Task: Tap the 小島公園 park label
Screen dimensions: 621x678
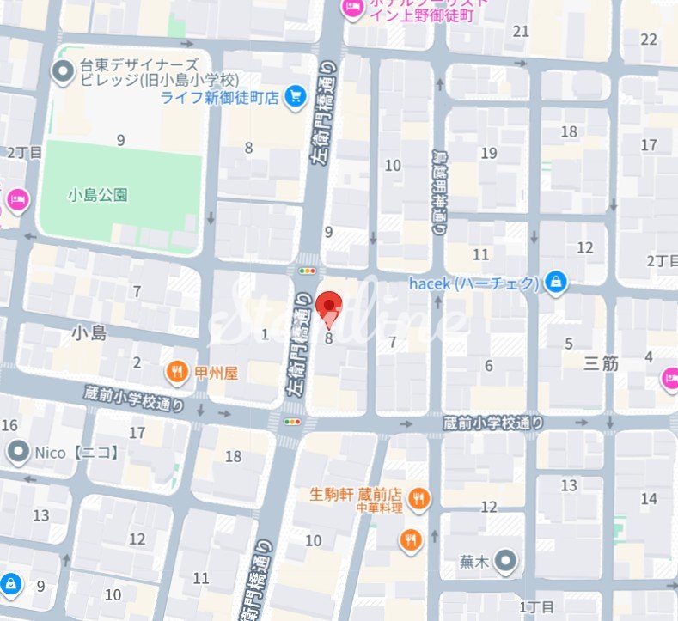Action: (x=97, y=195)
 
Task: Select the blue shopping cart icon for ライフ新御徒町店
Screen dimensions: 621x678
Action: (x=296, y=97)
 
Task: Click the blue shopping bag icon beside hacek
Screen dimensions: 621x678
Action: (x=557, y=283)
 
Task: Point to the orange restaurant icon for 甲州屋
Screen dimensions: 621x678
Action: (x=176, y=373)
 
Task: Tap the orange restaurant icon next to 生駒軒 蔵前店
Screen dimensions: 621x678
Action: (x=418, y=496)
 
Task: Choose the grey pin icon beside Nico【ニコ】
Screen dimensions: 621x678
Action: (x=17, y=451)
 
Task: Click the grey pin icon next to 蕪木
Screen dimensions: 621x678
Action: (x=507, y=563)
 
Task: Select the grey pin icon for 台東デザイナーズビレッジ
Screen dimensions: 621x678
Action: (x=62, y=72)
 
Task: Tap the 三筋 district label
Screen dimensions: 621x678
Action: (x=601, y=363)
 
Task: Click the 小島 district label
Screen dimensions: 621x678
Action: (x=89, y=332)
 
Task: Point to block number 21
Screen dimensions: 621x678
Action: (x=521, y=32)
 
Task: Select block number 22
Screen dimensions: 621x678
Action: (x=649, y=39)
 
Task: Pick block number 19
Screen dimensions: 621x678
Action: (x=489, y=154)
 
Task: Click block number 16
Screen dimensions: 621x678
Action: (x=9, y=425)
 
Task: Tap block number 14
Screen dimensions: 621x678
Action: (x=649, y=498)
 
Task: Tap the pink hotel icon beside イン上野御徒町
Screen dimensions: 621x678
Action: (x=352, y=9)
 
